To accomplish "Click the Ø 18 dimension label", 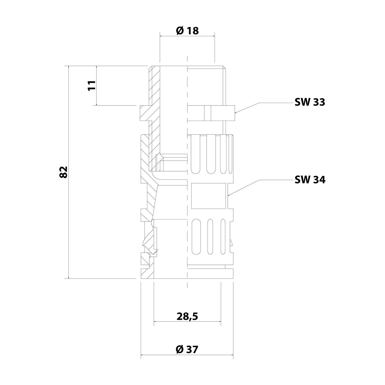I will (187, 31).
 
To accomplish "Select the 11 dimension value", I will (92, 85).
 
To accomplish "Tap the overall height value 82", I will (63, 172).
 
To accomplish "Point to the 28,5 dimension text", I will (187, 317).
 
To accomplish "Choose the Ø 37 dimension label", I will (187, 349).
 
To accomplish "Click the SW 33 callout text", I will (310, 102).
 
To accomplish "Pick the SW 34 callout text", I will (310, 180).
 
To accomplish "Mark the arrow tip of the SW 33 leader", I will (235, 113).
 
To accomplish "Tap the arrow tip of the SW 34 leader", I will (228, 196).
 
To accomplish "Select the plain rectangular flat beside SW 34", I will (209, 196).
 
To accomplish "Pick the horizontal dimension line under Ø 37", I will (187, 355).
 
